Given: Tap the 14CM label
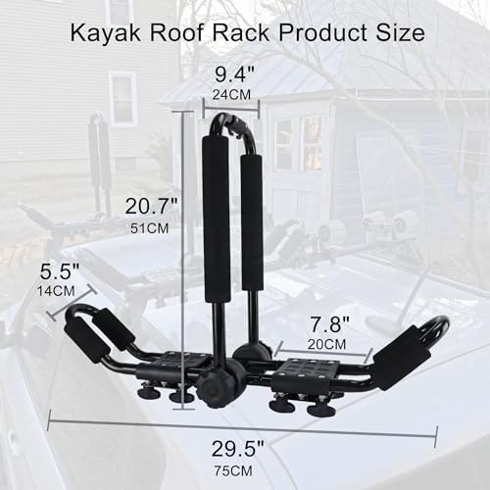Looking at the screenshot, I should coord(60,291).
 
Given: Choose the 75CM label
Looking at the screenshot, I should coord(243,470).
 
